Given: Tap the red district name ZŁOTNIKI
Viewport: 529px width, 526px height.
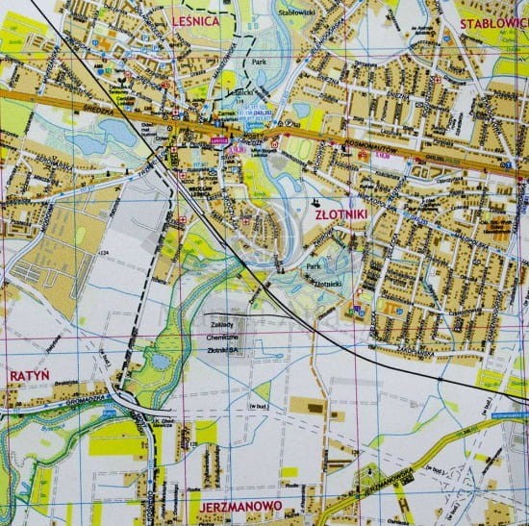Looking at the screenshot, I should tap(334, 216).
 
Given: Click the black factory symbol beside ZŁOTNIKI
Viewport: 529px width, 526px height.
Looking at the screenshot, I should tap(315, 202).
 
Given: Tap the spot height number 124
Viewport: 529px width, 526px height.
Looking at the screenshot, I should tap(104, 252).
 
